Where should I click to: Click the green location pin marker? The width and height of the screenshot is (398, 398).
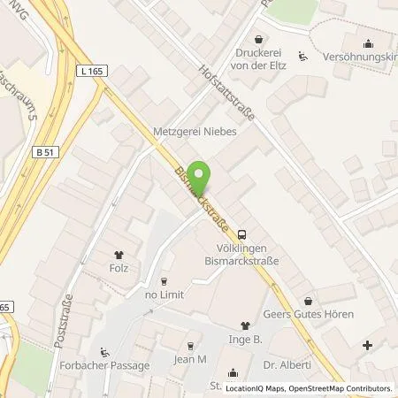pos(201,175)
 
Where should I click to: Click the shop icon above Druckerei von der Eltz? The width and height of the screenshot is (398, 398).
pos(258,40)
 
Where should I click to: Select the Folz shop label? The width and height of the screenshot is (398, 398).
pos(119,268)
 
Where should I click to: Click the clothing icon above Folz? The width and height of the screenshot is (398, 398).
pos(119,253)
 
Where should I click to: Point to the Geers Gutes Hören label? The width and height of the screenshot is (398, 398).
pos(308,315)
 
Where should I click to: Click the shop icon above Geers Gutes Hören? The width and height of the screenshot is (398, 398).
pos(308,301)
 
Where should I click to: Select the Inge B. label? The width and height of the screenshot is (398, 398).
pos(246,340)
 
